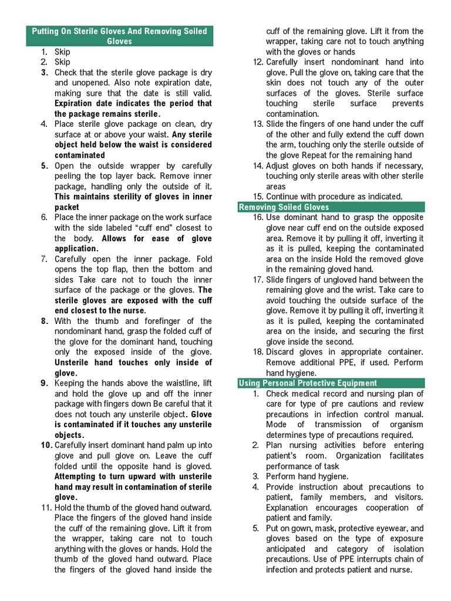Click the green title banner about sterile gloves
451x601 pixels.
119,36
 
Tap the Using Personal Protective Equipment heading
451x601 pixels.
307,383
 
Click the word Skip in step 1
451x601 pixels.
62,52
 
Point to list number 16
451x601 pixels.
258,218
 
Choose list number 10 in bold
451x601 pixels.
47,445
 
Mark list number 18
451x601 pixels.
258,352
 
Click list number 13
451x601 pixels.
258,124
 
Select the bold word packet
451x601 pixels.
67,207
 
